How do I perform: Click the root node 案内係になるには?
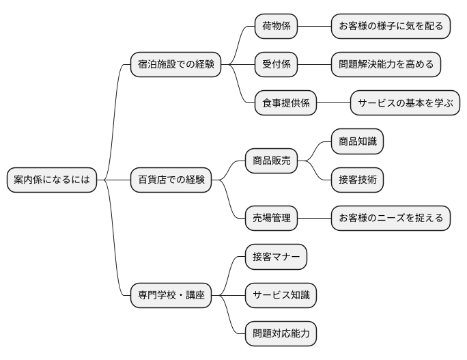click(51, 180)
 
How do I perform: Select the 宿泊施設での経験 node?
click(176, 65)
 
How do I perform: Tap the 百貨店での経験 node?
click(171, 180)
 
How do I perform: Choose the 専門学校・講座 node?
click(171, 296)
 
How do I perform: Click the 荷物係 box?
click(277, 27)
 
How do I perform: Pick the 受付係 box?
click(277, 65)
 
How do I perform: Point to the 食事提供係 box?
click(286, 103)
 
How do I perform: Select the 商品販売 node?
click(271, 161)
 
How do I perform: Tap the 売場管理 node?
click(271, 219)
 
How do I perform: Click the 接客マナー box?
click(276, 257)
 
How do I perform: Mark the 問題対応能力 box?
click(281, 334)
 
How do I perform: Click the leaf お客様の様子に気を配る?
click(391, 27)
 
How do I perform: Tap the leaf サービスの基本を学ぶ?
click(405, 103)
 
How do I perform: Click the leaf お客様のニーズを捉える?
click(391, 219)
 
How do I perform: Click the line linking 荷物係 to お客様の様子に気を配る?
click(315, 27)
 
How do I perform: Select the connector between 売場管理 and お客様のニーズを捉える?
click(314, 219)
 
